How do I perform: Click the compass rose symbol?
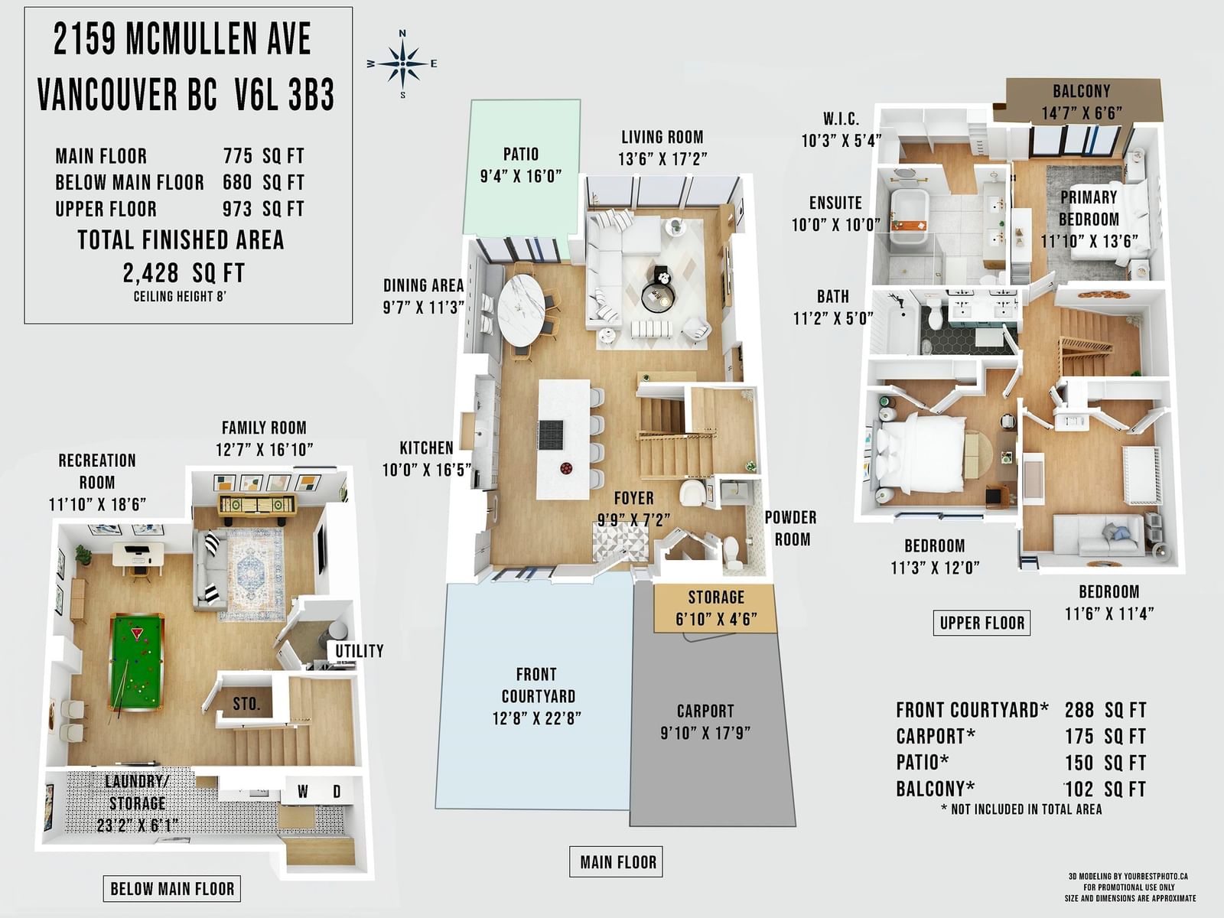click(x=402, y=63)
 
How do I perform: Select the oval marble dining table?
click(x=521, y=310)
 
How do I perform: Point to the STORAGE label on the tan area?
click(x=716, y=597)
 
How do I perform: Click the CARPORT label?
click(x=705, y=711)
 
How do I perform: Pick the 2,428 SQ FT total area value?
click(x=184, y=273)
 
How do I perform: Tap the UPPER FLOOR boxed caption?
click(x=982, y=623)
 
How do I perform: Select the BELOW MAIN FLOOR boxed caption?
click(x=172, y=888)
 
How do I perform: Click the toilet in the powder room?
click(x=732, y=552)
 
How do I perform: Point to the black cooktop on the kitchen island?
click(x=551, y=435)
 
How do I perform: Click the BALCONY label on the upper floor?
click(x=1081, y=91)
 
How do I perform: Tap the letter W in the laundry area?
click(x=303, y=792)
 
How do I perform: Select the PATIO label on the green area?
click(x=521, y=154)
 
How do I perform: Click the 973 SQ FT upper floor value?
click(x=263, y=209)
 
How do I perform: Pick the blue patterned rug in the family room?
click(x=256, y=574)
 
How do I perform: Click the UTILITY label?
click(x=359, y=650)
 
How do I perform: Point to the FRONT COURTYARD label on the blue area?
click(x=537, y=685)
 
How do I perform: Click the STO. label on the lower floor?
click(x=246, y=703)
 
